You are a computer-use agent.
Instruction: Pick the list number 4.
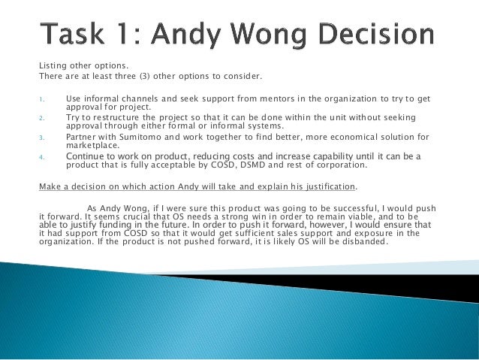point(42,156)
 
